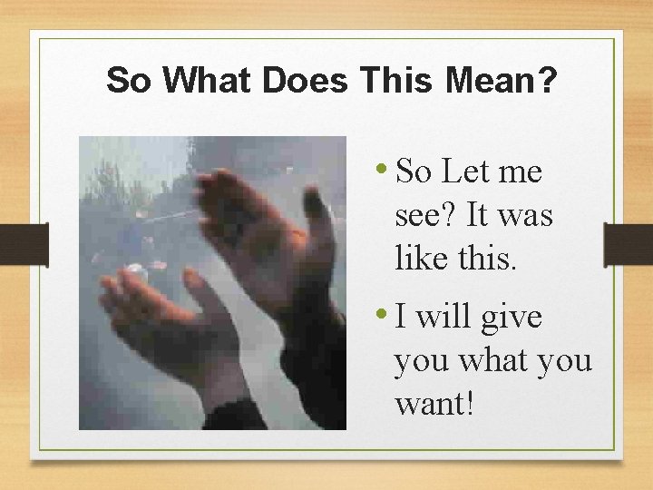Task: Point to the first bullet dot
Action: coord(385,167)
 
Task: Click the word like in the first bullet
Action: coord(421,260)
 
